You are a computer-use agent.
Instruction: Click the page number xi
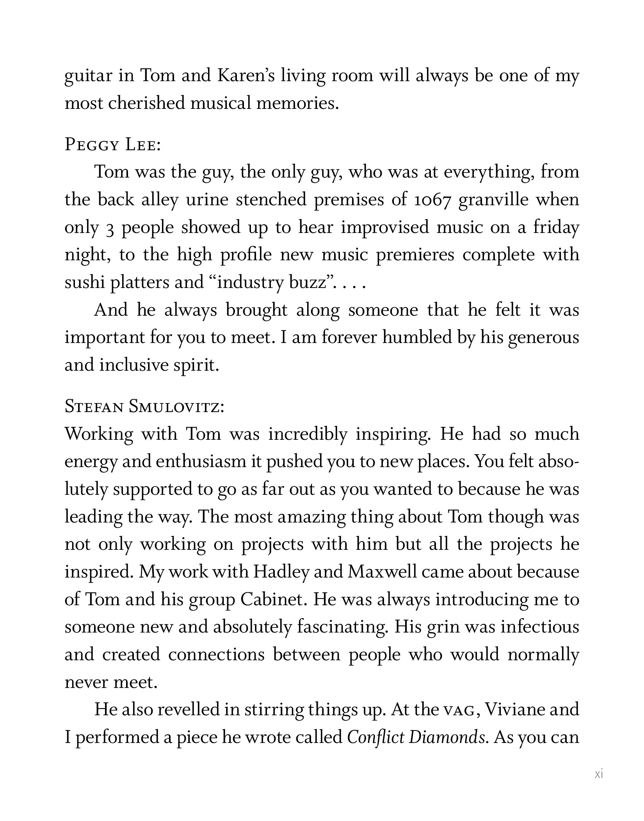[599, 774]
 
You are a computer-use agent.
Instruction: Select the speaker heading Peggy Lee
[112, 145]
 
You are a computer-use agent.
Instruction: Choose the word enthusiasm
[201, 462]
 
